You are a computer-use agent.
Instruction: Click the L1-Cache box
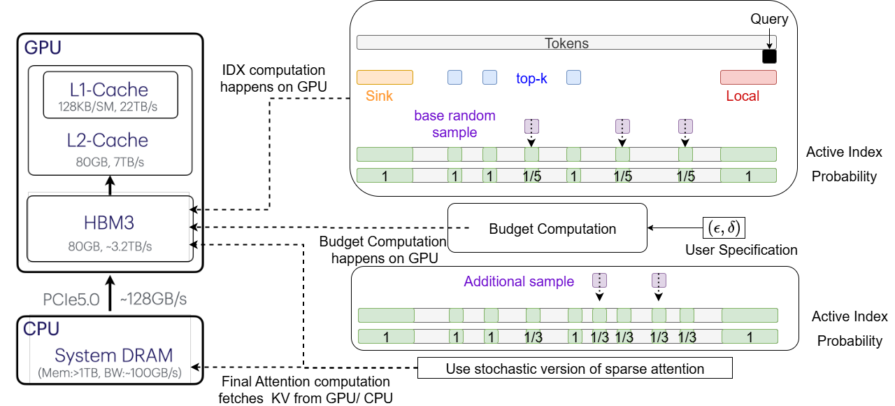click(x=109, y=95)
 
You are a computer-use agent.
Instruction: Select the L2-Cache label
click(x=108, y=140)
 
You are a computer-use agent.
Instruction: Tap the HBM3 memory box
click(x=109, y=229)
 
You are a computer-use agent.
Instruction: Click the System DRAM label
click(x=115, y=355)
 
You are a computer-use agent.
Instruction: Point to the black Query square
click(x=769, y=57)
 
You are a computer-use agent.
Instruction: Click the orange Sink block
click(x=385, y=77)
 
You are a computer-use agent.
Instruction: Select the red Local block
click(x=748, y=77)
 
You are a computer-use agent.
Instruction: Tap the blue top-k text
click(x=531, y=78)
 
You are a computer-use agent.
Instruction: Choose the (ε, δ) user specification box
click(x=724, y=228)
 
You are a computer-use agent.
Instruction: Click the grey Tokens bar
click(x=566, y=43)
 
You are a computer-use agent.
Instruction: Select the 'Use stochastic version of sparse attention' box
click(x=575, y=368)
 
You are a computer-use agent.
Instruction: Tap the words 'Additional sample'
click(x=519, y=281)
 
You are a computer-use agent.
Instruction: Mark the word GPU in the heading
click(x=43, y=48)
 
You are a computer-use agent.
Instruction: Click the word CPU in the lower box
click(x=43, y=328)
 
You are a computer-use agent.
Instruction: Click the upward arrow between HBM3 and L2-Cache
click(x=108, y=185)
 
